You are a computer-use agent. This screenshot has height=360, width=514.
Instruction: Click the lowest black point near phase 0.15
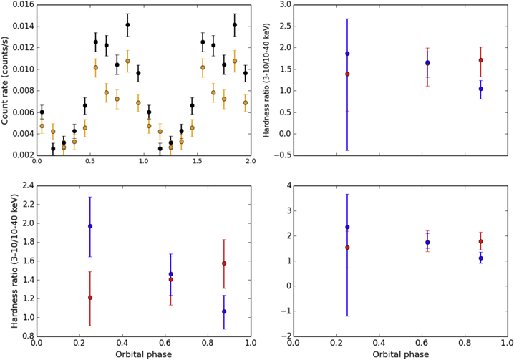pyautogui.click(x=53, y=149)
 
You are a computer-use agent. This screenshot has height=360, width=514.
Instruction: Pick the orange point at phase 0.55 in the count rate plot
pyautogui.click(x=96, y=67)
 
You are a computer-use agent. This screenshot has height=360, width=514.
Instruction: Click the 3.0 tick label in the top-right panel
pyautogui.click(x=284, y=5)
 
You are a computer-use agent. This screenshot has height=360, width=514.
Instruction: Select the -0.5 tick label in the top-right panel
pyautogui.click(x=282, y=155)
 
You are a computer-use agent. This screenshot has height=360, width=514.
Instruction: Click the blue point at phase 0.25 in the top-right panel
pyautogui.click(x=347, y=54)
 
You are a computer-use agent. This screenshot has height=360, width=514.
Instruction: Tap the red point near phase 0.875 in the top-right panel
pyautogui.click(x=481, y=60)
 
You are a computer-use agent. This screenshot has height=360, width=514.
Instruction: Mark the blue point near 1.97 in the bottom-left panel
pyautogui.click(x=90, y=226)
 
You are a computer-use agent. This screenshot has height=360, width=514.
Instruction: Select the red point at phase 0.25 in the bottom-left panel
pyautogui.click(x=90, y=297)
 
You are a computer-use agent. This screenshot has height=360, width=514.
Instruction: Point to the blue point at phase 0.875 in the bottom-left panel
pyautogui.click(x=224, y=311)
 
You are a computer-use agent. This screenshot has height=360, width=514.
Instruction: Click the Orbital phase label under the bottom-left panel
pyautogui.click(x=144, y=354)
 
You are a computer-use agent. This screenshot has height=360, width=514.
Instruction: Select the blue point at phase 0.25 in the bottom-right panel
pyautogui.click(x=347, y=227)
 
